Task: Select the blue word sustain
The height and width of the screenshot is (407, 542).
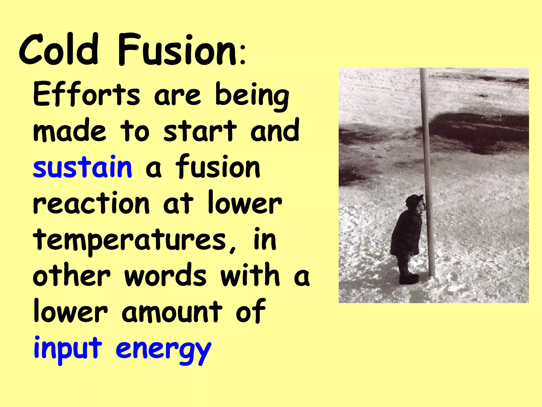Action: point(82,167)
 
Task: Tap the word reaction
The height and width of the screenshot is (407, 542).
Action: point(91,203)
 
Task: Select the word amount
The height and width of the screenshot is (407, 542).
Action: point(172,311)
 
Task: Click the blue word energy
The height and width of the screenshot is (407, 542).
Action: point(164,350)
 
